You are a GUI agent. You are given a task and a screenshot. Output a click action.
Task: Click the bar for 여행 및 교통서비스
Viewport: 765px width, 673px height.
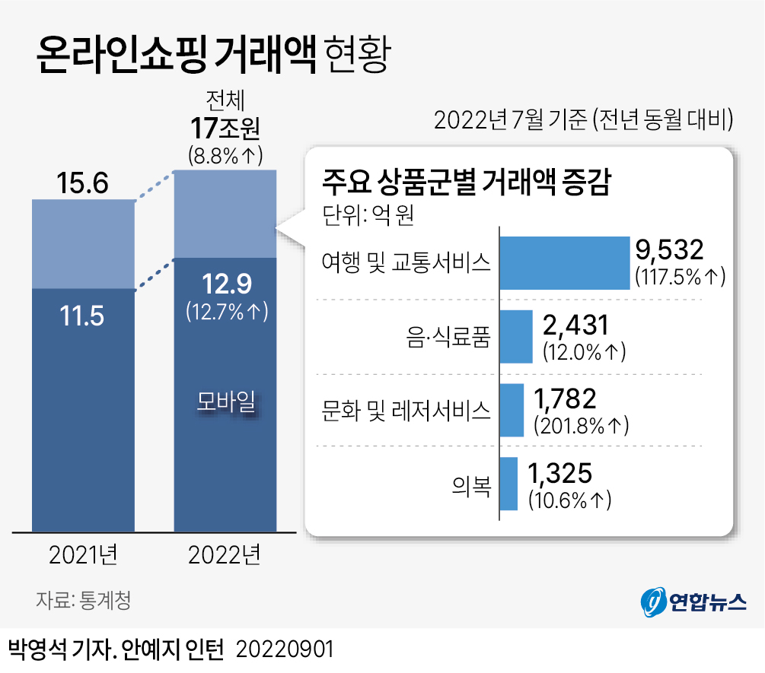[x=563, y=262]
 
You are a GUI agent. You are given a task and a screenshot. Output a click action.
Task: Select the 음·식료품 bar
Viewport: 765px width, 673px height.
[x=516, y=336]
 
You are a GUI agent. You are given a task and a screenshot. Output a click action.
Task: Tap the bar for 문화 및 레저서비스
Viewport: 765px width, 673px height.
[x=512, y=410]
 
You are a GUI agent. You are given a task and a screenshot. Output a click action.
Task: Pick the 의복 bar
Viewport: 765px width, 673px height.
[x=509, y=483]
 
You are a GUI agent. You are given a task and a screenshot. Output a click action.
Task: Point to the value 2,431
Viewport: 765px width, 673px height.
[x=576, y=326]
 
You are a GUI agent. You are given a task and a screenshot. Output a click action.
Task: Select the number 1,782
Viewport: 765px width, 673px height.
[x=566, y=398]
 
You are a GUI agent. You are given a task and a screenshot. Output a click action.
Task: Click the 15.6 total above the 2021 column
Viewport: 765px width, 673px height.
[x=83, y=183]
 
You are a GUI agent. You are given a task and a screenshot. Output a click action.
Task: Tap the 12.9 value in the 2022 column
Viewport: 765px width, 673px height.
[x=225, y=284]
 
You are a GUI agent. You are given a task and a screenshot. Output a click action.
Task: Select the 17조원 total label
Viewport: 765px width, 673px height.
[x=225, y=129]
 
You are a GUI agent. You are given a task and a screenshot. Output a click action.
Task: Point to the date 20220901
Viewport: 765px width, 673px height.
[x=285, y=650]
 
